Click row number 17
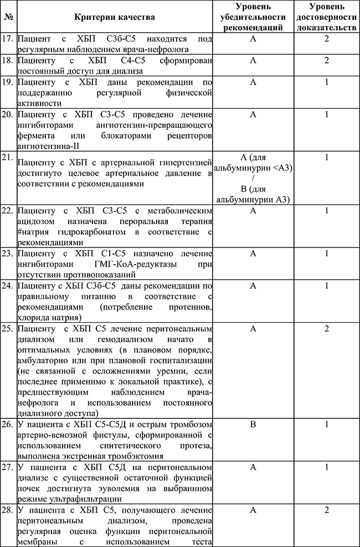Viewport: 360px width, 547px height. pyautogui.click(x=9, y=39)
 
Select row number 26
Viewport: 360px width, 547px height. pyautogui.click(x=9, y=426)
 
